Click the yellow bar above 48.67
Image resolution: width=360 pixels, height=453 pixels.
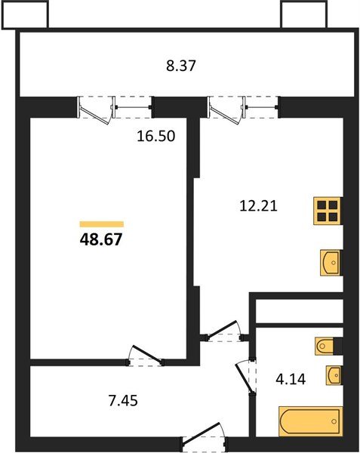tap(101, 224)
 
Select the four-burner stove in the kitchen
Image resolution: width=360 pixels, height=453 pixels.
tap(328, 211)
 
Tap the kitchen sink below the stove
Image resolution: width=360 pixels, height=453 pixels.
tap(330, 263)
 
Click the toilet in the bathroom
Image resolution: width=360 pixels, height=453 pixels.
tap(328, 347)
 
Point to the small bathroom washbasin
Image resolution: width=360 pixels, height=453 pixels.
tap(334, 374)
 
